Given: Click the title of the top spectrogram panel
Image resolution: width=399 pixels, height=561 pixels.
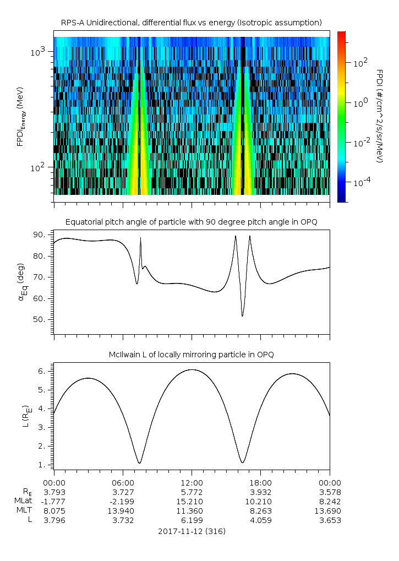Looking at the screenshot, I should click(192, 23).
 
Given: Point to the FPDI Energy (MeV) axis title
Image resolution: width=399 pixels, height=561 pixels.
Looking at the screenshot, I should click(20, 116).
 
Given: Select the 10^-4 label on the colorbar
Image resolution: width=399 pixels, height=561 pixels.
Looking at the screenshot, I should click(361, 182).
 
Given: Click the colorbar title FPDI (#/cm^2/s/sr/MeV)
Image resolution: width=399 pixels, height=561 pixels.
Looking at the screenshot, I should click(379, 116).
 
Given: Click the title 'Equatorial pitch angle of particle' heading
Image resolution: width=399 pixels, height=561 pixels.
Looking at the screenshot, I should click(192, 222).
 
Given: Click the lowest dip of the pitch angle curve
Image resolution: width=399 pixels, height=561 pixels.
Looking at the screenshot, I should click(242, 316).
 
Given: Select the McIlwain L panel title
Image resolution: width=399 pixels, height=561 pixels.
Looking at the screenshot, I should click(192, 355).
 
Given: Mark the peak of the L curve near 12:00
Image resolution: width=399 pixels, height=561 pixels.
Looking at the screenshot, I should click(192, 369).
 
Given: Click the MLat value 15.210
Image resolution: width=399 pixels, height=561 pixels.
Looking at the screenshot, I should click(192, 502).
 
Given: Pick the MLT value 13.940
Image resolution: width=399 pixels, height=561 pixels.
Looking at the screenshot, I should click(123, 511).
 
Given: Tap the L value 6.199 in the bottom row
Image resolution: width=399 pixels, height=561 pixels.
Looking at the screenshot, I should click(192, 520).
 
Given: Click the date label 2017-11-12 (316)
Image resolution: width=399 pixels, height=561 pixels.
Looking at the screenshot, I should click(192, 532).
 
